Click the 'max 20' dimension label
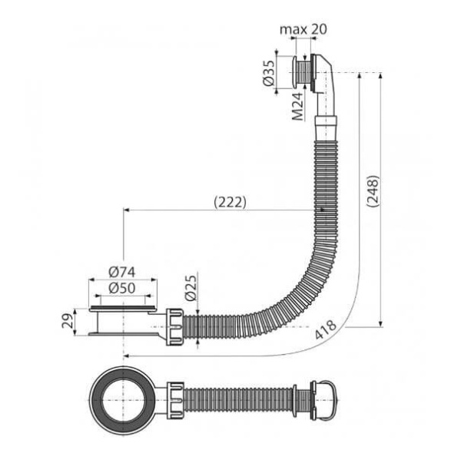303,29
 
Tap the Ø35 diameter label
269,73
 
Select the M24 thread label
297,107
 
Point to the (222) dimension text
230,202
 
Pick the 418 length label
325,329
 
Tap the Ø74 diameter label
122,272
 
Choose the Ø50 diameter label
122,288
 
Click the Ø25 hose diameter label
191,288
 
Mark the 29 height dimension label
67,320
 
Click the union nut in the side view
175,326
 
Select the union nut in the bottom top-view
175,400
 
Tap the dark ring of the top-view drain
124,400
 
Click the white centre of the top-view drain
124,400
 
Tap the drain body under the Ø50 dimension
123,321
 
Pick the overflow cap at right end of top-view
323,400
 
